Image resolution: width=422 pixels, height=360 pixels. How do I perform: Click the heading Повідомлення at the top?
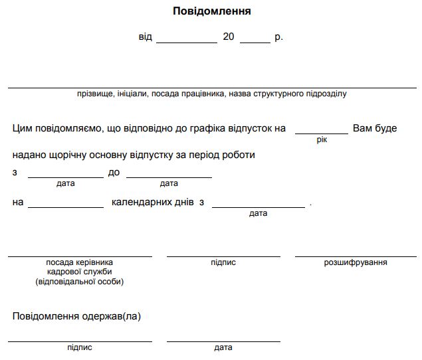212,11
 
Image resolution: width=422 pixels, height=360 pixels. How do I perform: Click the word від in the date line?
146,37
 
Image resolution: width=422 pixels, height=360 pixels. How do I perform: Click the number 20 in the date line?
228,37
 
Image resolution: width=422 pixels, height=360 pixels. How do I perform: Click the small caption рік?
322,140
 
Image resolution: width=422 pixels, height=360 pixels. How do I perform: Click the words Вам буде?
375,128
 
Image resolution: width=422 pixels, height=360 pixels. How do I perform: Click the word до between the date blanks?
114,173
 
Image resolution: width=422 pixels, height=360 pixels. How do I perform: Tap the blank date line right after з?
65,176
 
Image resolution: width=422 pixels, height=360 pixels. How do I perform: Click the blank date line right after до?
169,176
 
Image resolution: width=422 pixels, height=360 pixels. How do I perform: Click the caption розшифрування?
356,263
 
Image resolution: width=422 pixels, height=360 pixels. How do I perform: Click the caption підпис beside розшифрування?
223,263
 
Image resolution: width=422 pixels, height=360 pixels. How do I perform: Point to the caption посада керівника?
80,263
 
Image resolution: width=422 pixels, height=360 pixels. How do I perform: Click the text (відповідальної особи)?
80,282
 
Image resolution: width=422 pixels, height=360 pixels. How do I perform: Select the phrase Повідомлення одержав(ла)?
76,316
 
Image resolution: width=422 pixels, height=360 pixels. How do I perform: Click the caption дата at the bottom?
223,347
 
